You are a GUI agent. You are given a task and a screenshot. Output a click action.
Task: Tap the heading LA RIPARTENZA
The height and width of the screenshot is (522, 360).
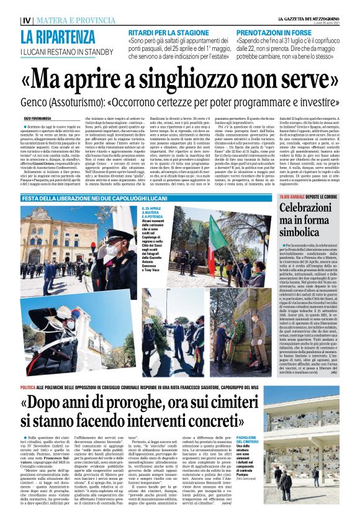tap(56, 37)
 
